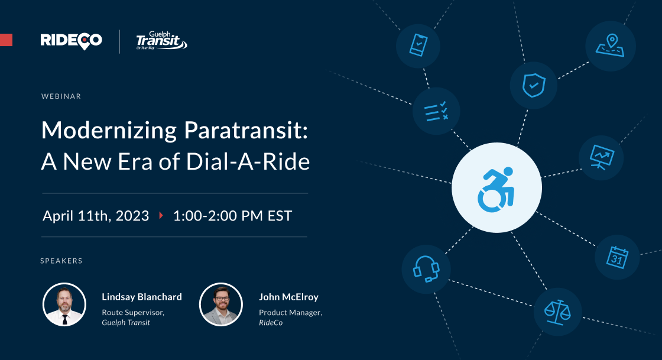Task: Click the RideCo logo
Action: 71,40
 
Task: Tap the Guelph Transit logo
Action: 161,41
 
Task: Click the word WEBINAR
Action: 61,96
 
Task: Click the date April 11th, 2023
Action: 96,216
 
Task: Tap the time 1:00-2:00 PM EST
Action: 232,216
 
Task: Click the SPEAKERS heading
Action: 61,260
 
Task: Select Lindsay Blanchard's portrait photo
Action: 64,304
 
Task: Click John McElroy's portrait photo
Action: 221,304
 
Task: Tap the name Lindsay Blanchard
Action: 142,297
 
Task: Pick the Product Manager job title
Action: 290,312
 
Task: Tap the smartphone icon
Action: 418,45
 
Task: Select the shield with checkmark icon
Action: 533,86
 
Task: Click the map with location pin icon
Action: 610,46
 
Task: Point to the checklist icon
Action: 436,111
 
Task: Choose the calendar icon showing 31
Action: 617,257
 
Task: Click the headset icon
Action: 426,269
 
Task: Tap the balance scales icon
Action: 557,312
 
